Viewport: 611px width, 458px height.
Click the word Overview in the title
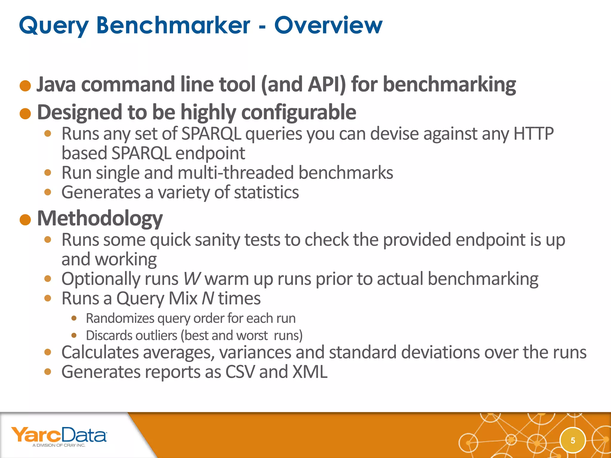[x=328, y=25]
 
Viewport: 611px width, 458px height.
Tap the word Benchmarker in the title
[x=173, y=25]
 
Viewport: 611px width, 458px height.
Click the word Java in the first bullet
[x=56, y=84]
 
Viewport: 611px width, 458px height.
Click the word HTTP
[x=533, y=133]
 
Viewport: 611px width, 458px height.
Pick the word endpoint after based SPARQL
[x=210, y=153]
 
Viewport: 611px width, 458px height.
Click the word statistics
[x=266, y=192]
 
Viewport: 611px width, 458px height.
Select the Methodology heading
[x=100, y=219]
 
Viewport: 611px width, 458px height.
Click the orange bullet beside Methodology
[x=25, y=220]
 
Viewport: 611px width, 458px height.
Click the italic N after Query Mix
[x=208, y=298]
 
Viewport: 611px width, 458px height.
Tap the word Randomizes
[x=120, y=318]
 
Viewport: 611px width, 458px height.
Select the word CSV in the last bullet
[x=240, y=372]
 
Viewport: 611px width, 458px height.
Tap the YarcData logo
[x=59, y=436]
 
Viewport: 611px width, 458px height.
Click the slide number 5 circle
[x=573, y=440]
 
